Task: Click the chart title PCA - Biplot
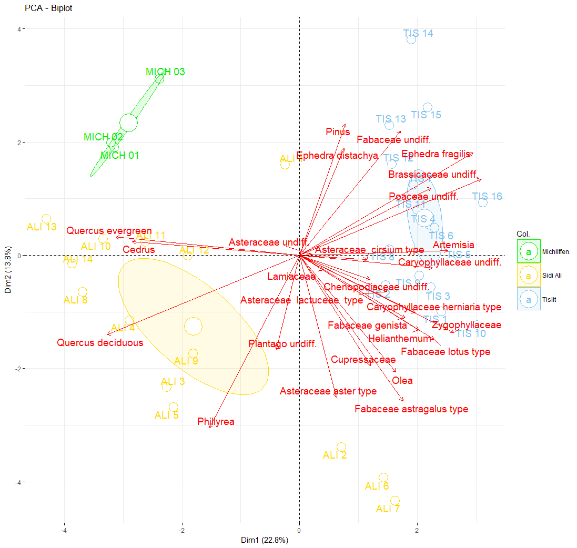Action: click(48, 8)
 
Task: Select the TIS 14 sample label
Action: click(418, 34)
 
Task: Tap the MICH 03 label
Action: click(165, 72)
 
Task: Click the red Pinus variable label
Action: click(338, 132)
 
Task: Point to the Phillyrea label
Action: click(216, 422)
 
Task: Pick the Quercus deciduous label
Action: click(100, 343)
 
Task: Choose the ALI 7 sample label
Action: click(388, 509)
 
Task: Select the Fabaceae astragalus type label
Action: click(411, 409)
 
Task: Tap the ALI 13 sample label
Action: click(42, 227)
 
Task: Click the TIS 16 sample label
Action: click(487, 197)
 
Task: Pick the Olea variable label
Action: click(402, 381)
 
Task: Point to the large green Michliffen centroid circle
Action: click(128, 123)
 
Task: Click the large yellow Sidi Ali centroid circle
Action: click(193, 326)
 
